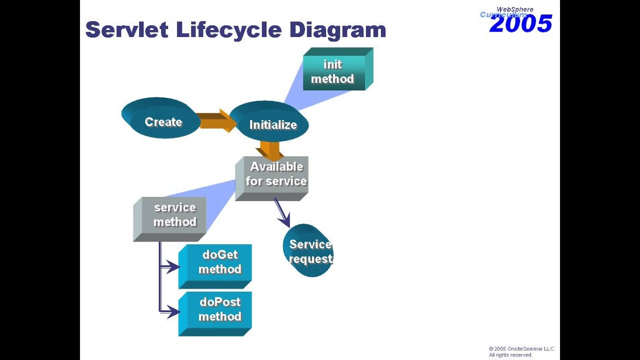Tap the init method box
pyautogui.click(x=333, y=72)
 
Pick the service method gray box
pyautogui.click(x=172, y=216)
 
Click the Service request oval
pyautogui.click(x=308, y=251)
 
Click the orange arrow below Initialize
pyautogui.click(x=270, y=150)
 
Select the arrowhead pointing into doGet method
pyautogui.click(x=173, y=267)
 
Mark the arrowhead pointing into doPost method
pyautogui.click(x=173, y=312)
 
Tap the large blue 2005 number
pyautogui.click(x=521, y=24)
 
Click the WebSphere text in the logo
pyautogui.click(x=514, y=9)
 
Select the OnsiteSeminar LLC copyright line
pyautogui.click(x=521, y=349)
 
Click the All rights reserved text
pyautogui.click(x=510, y=355)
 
